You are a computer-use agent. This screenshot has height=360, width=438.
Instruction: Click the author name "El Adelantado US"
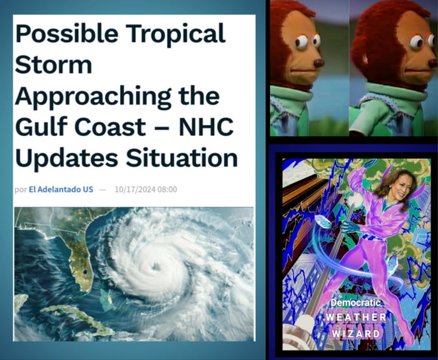coord(61,189)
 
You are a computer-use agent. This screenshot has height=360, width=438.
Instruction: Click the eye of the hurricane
coord(155,267)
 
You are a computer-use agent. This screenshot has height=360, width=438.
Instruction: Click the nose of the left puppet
coord(318,63)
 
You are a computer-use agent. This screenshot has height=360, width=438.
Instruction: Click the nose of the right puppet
coord(432,63)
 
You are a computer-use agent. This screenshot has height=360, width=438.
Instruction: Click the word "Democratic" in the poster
coord(355,303)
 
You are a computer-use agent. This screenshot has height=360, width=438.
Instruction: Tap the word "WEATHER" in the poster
coord(355,317)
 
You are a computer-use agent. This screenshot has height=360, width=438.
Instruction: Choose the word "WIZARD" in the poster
coord(355,333)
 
